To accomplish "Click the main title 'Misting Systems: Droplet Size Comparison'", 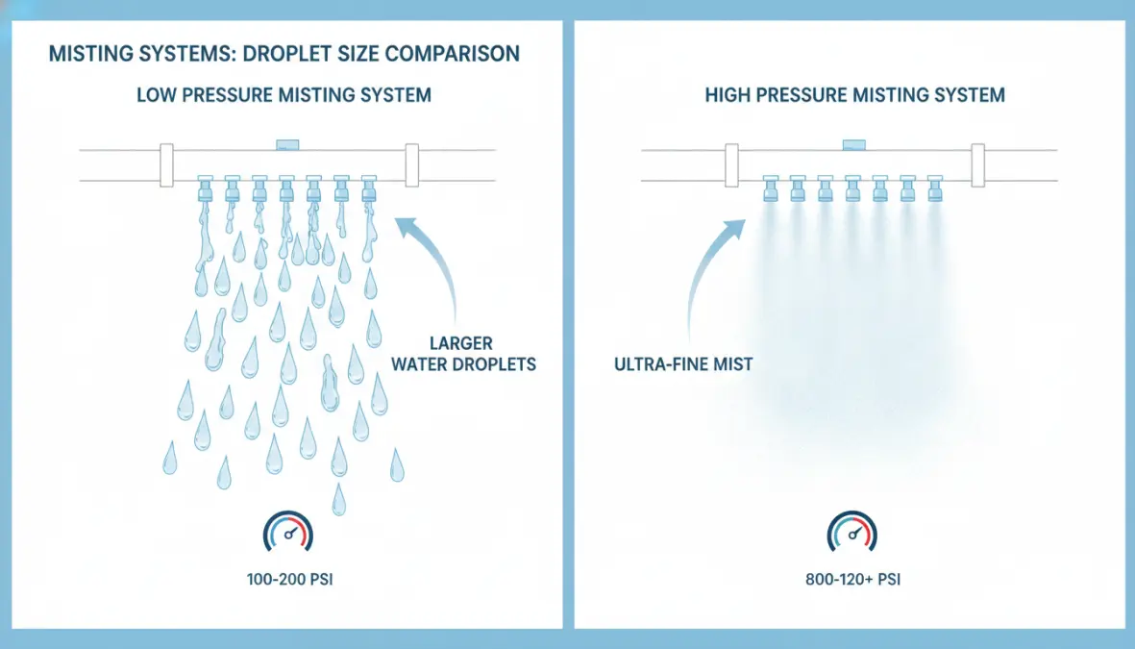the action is (284, 54).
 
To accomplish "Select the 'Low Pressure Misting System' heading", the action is (284, 95).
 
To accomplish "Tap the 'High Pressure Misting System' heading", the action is (855, 95).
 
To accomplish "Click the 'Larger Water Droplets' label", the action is (463, 354).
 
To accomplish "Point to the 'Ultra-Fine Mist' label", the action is (683, 363).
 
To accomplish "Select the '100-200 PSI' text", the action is (289, 580).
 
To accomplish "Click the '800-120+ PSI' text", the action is (852, 580).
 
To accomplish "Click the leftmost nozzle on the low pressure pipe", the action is (205, 188).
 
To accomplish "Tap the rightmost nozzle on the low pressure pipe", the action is (368, 188).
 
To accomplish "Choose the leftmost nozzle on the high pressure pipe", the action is (771, 188).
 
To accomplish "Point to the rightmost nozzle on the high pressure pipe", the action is (934, 188).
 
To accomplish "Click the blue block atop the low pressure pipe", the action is (287, 145).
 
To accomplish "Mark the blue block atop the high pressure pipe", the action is (854, 145).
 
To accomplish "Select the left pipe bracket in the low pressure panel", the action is (166, 165).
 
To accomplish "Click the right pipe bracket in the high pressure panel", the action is (978, 165).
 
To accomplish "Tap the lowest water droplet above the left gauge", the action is (338, 500).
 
